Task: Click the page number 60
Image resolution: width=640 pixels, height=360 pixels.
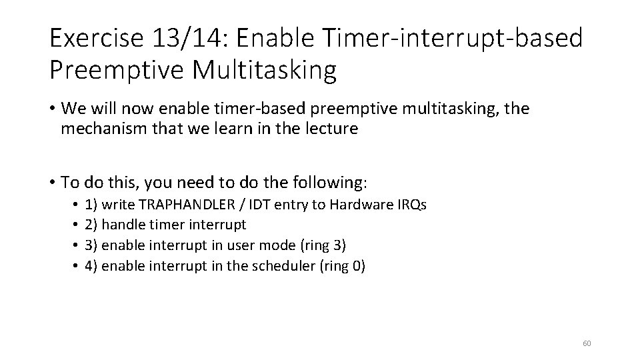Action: [x=587, y=343]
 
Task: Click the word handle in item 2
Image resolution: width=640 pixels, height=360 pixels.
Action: [x=122, y=225]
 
